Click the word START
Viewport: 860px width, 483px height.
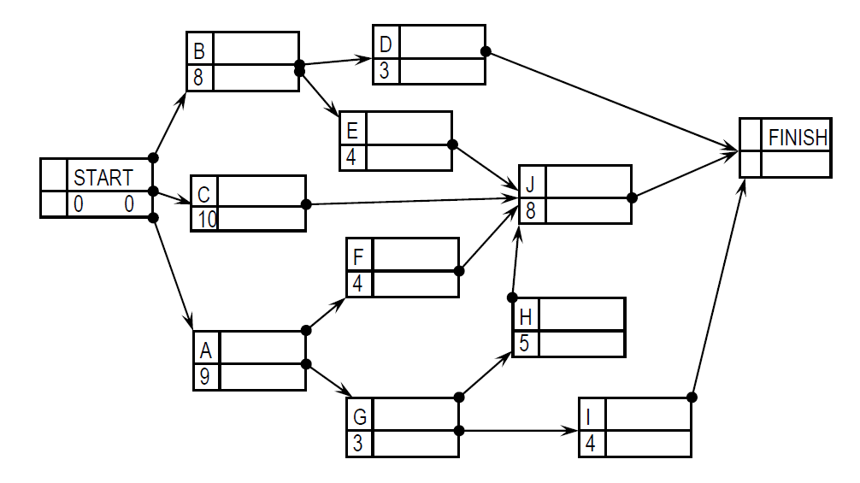click(103, 178)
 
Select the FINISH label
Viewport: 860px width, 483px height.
click(798, 137)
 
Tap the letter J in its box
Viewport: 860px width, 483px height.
click(531, 185)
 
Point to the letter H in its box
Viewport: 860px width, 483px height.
click(525, 317)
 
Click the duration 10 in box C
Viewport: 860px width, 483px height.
click(207, 220)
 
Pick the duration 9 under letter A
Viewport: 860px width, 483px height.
click(205, 376)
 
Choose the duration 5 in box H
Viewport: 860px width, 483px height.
click(525, 344)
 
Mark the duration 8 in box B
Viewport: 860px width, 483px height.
click(198, 77)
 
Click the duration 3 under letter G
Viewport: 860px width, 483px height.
click(359, 444)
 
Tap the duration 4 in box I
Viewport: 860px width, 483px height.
click(591, 444)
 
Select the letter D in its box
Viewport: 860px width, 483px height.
click(385, 44)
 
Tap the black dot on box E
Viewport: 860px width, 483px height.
click(452, 144)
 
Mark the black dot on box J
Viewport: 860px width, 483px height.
click(632, 197)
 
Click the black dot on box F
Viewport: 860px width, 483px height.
click(459, 271)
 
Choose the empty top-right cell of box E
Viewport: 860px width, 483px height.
click(409, 127)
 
